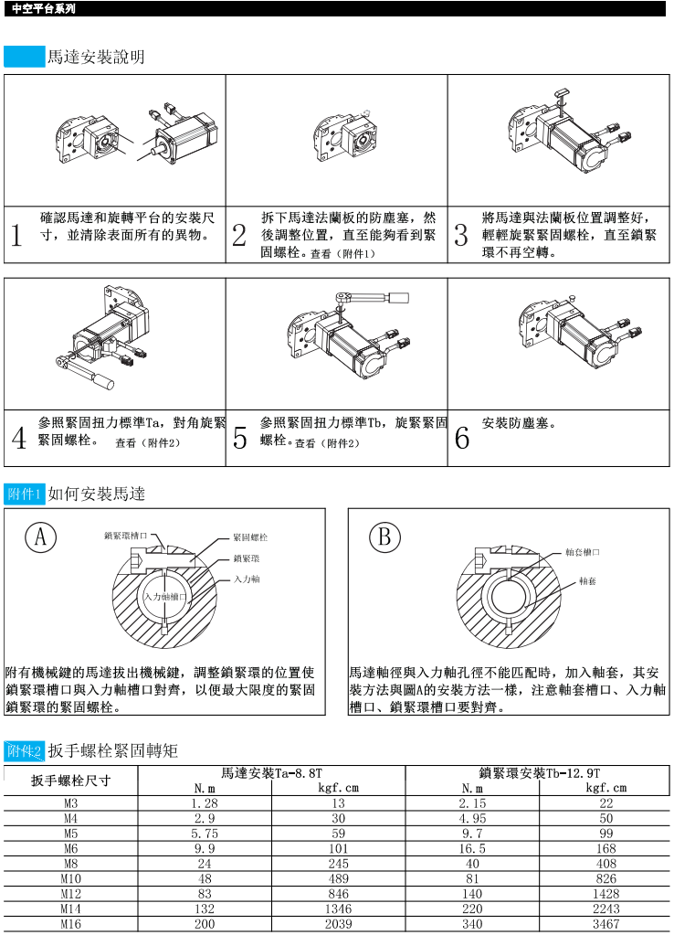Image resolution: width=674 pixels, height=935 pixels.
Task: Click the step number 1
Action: click(16, 235)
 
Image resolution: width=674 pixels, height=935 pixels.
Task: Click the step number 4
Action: click(18, 439)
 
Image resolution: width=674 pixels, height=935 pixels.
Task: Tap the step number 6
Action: click(462, 439)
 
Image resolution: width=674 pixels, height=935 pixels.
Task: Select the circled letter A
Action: click(40, 537)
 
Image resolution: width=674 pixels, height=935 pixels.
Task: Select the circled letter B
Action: click(384, 537)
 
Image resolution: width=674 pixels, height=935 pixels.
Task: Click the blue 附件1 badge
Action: click(25, 494)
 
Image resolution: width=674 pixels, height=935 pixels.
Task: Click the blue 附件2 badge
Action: click(25, 750)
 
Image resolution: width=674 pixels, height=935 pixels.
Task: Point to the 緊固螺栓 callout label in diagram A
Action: click(250, 537)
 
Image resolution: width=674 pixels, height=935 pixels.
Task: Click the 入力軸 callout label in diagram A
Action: click(247, 579)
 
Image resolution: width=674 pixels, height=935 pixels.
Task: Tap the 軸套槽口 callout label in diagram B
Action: click(583, 552)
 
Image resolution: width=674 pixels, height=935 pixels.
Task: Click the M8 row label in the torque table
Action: click(71, 864)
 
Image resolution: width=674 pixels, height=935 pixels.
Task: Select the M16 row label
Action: click(71, 924)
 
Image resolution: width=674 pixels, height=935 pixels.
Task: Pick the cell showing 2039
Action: click(339, 924)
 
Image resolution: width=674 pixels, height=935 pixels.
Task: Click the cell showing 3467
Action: click(606, 924)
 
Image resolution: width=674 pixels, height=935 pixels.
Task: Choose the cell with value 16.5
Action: click(472, 848)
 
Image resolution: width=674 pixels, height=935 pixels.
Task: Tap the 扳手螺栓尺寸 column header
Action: click(71, 781)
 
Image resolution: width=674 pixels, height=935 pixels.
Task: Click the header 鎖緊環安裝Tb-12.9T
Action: click(540, 773)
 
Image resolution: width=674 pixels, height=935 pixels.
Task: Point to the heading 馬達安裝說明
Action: click(96, 57)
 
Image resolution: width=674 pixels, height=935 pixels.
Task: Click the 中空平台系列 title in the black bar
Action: click(44, 9)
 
